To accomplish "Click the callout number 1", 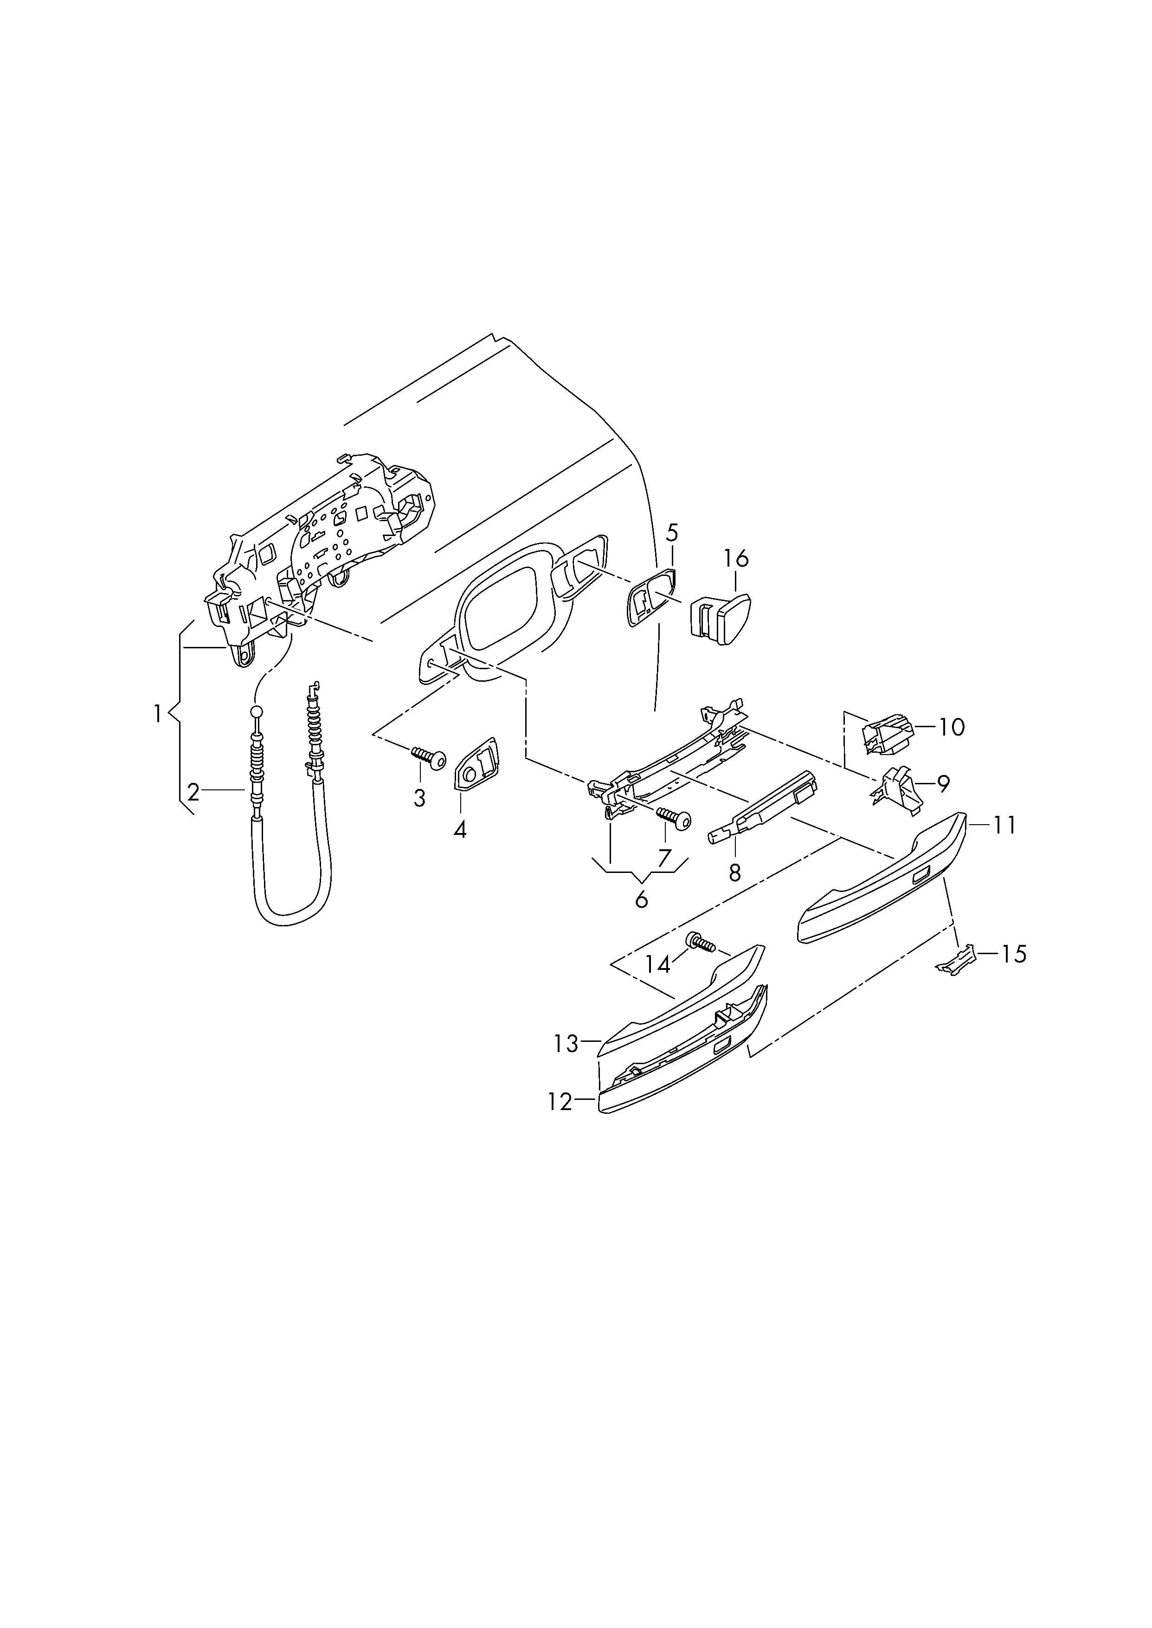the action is pos(157,713).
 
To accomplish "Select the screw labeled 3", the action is pos(428,757).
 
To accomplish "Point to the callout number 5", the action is pos(672,532).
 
